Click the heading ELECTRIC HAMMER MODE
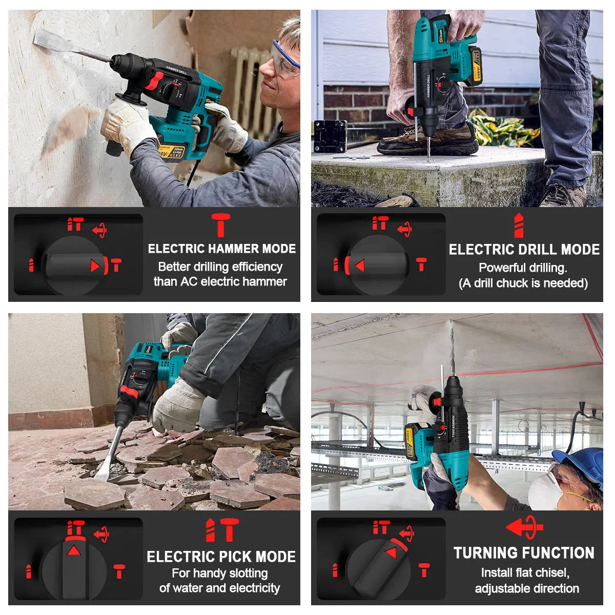(221, 249)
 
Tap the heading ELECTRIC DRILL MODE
(524, 250)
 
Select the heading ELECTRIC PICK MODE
(221, 557)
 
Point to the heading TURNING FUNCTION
(524, 553)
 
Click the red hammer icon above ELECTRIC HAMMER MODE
(221, 225)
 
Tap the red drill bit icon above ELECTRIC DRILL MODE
(519, 225)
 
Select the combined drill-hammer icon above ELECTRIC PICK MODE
(221, 529)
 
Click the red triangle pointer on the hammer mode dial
(95, 265)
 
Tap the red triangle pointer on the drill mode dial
(359, 265)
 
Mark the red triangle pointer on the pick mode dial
(74, 550)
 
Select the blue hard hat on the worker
(581, 464)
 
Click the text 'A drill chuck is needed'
(523, 283)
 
